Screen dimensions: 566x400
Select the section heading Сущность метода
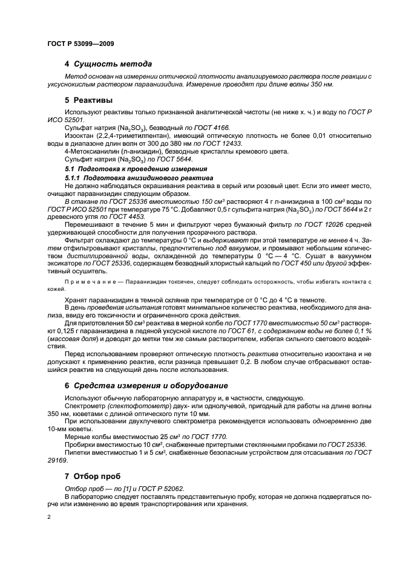click(x=113, y=63)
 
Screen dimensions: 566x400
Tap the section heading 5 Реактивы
click(x=88, y=100)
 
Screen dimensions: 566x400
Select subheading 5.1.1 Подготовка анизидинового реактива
click(x=139, y=179)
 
